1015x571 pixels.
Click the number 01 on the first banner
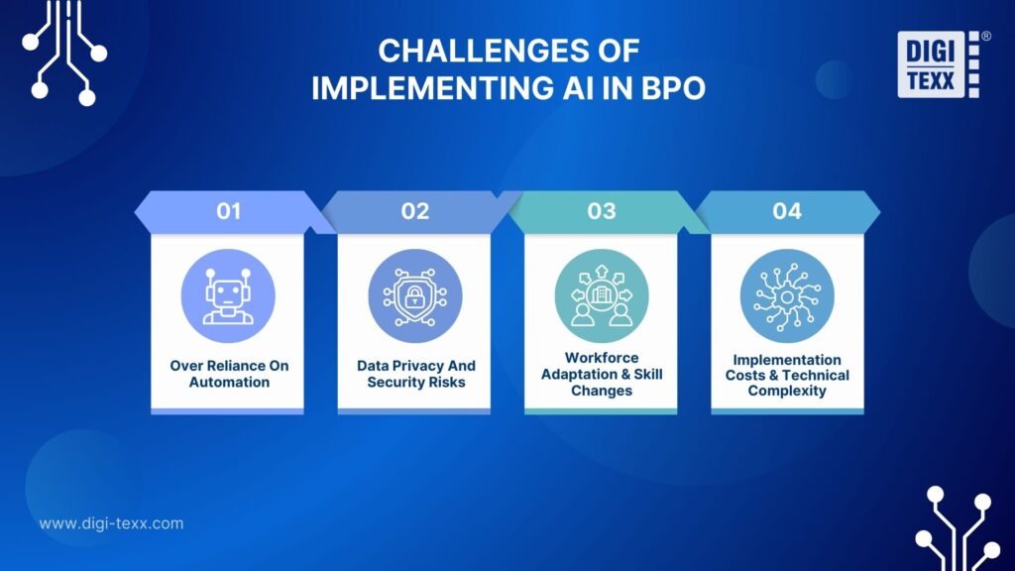(228, 211)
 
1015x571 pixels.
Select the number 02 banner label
(414, 211)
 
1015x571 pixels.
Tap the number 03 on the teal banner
(601, 211)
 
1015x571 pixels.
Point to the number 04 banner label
(787, 211)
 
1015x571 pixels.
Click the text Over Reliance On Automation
(228, 374)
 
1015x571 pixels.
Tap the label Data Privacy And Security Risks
(414, 374)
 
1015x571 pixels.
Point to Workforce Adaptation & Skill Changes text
(601, 375)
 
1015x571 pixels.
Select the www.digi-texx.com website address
(111, 523)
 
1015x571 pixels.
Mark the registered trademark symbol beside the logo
(985, 36)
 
